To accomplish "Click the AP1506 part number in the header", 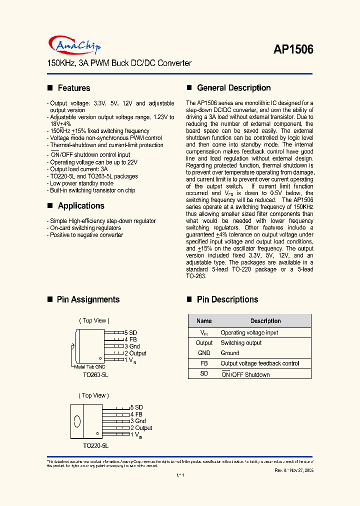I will point(293,49).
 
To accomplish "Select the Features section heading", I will point(73,88).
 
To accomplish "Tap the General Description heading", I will point(233,88).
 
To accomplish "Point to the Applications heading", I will point(80,205).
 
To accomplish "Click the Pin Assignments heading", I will point(88,299).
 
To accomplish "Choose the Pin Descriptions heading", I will point(227,299).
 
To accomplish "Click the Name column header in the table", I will point(204,321).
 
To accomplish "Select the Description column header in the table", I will point(265,321).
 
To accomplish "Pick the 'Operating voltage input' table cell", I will point(249,332).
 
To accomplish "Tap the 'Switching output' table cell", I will point(241,343).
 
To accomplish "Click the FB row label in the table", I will point(204,363).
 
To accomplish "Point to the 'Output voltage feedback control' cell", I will point(260,363).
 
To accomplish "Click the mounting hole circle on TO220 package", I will point(77,421).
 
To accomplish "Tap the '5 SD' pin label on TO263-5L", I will point(131,332).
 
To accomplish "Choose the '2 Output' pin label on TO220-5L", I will point(141,428).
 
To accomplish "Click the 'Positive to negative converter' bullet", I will point(86,235).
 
